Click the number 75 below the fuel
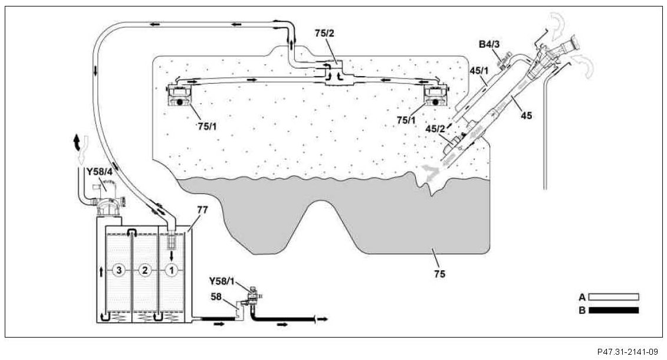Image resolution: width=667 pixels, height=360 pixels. tap(439, 274)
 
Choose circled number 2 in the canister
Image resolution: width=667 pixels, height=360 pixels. tap(144, 271)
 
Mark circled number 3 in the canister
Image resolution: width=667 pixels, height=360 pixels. tap(119, 271)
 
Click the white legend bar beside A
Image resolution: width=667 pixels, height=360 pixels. tap(613, 296)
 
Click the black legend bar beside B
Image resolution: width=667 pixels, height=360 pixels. tap(613, 310)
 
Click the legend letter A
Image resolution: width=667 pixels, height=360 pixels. tap(581, 296)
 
